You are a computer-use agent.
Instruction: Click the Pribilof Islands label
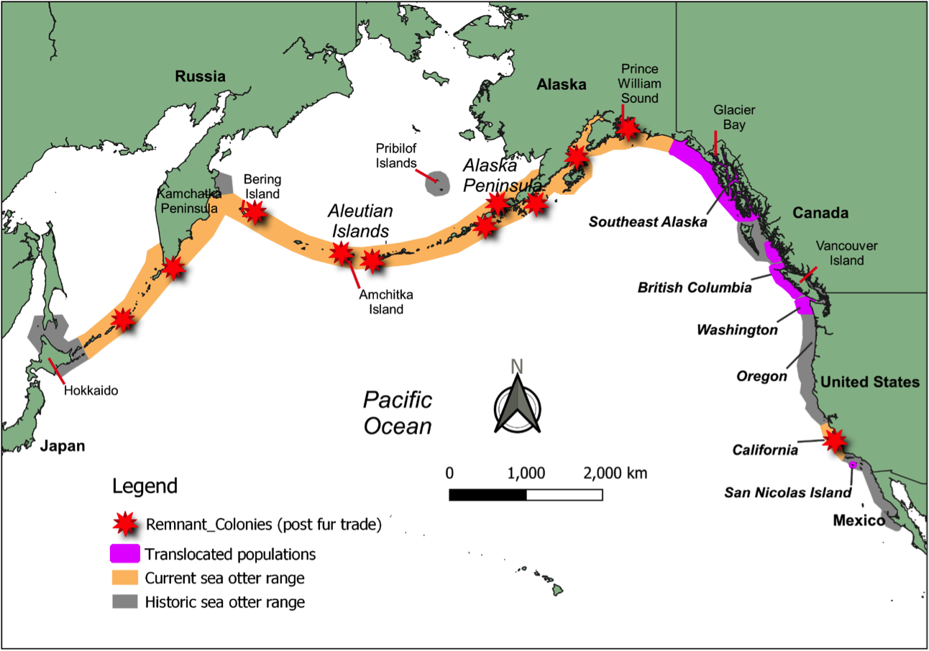click(396, 155)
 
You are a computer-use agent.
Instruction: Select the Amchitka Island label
click(383, 301)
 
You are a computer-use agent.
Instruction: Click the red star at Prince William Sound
click(628, 128)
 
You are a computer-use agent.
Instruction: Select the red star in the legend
click(127, 524)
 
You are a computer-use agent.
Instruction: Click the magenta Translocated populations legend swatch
click(124, 555)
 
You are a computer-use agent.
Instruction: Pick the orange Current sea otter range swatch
click(124, 578)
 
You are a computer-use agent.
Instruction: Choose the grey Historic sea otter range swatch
click(124, 602)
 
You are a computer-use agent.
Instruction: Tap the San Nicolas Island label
click(787, 493)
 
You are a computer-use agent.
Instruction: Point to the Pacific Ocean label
click(397, 413)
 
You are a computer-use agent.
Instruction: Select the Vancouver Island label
click(846, 252)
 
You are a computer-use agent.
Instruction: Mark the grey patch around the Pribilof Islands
click(436, 183)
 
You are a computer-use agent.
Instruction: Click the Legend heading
click(145, 486)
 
